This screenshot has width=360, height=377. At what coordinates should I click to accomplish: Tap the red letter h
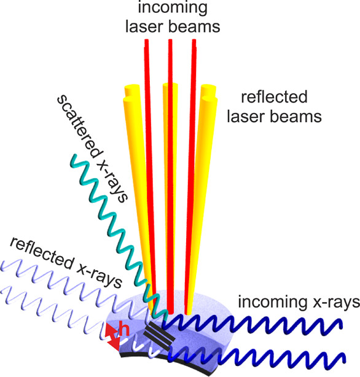(x=125, y=330)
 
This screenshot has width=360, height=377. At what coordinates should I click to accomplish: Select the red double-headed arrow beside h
(x=112, y=337)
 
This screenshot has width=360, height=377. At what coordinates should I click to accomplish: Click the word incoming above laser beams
(x=173, y=8)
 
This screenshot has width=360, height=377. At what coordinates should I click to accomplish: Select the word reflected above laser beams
(x=275, y=96)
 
